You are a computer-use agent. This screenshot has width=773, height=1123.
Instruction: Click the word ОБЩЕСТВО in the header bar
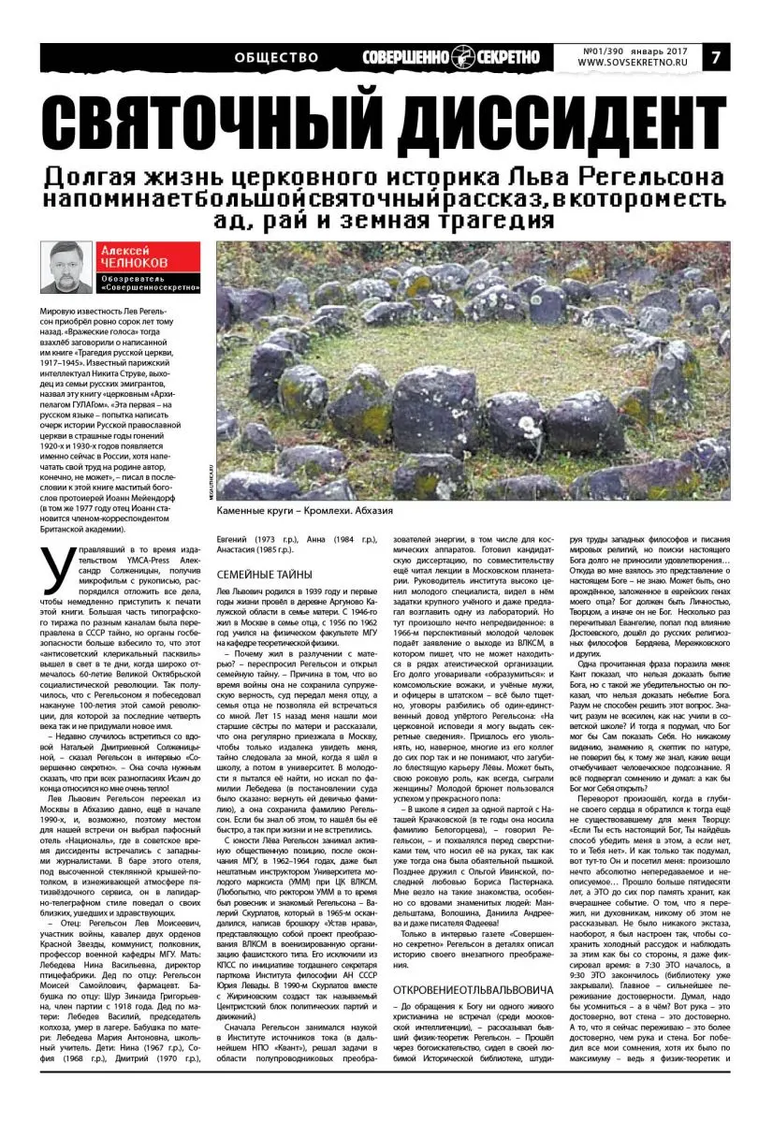276,57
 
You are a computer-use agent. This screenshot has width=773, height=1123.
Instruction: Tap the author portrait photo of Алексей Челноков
67,268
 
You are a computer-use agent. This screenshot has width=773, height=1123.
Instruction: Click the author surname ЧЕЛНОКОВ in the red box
136,263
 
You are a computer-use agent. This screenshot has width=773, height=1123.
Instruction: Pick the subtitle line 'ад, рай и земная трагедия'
385,222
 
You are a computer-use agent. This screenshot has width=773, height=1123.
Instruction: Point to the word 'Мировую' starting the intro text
59,310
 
